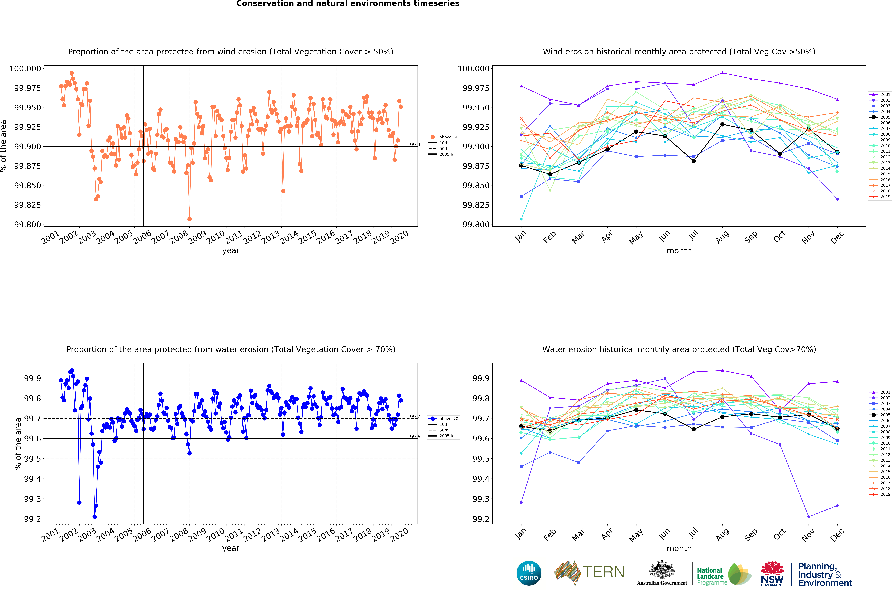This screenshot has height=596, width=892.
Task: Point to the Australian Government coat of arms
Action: click(x=662, y=570)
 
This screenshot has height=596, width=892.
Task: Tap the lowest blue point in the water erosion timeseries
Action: click(x=95, y=517)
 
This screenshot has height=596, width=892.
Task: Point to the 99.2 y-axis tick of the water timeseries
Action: click(x=32, y=519)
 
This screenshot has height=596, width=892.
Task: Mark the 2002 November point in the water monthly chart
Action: click(x=808, y=517)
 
